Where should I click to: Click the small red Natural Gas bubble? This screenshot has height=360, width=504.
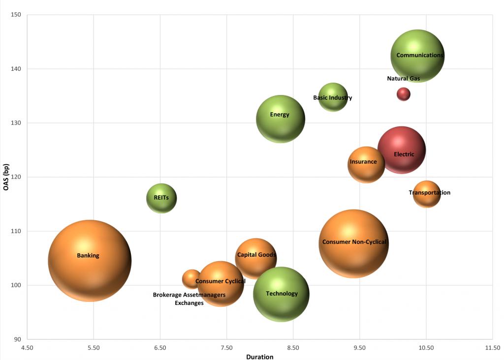click(404, 94)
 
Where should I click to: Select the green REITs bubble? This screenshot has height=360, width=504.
click(161, 198)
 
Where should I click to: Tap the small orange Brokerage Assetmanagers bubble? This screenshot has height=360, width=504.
click(191, 279)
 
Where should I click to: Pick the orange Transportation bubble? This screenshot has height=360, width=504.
click(427, 194)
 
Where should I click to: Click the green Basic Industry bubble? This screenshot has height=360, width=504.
click(333, 97)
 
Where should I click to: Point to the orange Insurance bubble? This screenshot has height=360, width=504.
click(366, 165)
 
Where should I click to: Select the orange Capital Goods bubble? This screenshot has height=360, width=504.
click(256, 258)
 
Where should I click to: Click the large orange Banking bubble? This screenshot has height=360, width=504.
click(90, 261)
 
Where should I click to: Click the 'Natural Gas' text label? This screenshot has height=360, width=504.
click(404, 79)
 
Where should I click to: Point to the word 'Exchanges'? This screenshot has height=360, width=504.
click(189, 303)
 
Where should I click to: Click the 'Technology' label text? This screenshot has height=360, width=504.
click(282, 294)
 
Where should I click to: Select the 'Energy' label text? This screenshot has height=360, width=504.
click(280, 115)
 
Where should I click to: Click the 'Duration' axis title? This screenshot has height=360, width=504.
click(259, 357)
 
